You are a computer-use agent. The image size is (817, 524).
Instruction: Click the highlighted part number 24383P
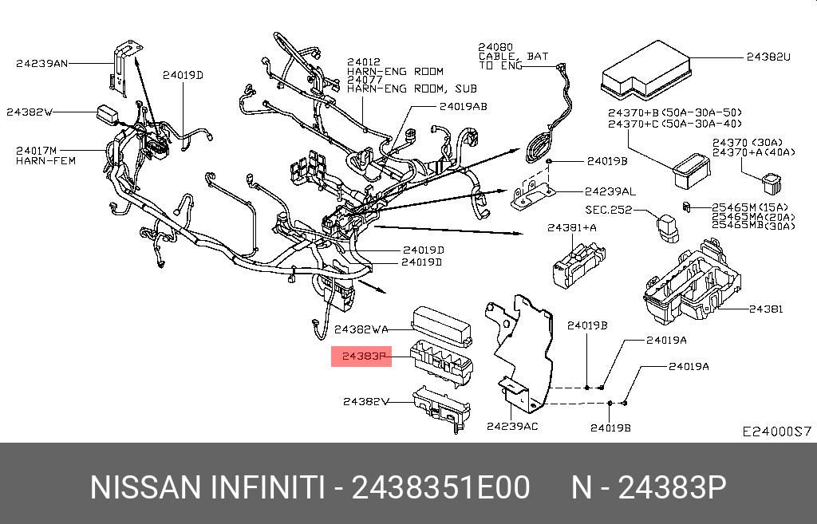click(x=363, y=357)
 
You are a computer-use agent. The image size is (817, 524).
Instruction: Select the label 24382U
click(x=768, y=57)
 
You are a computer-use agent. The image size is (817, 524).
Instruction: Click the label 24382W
click(x=30, y=112)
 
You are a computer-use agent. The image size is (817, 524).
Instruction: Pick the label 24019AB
click(x=463, y=105)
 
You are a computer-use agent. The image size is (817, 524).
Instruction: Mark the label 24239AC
click(x=512, y=426)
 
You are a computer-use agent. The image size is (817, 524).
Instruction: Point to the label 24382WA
click(x=361, y=329)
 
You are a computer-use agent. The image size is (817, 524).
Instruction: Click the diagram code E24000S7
click(x=776, y=431)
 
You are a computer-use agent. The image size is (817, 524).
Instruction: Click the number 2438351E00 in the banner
click(x=442, y=487)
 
